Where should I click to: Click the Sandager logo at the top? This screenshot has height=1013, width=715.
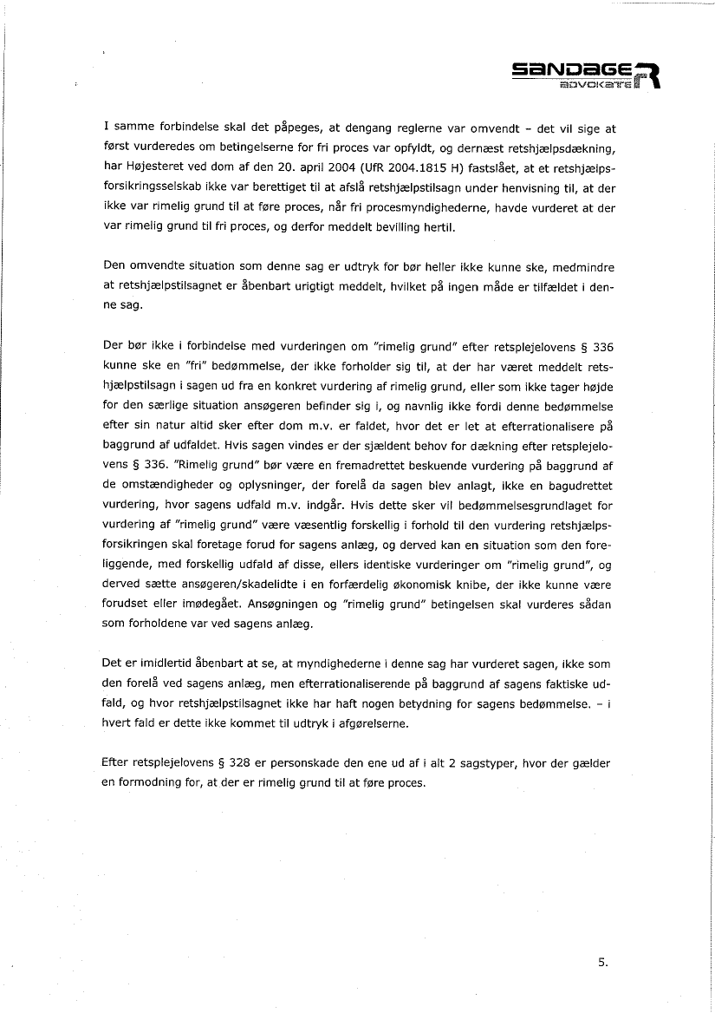585,73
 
